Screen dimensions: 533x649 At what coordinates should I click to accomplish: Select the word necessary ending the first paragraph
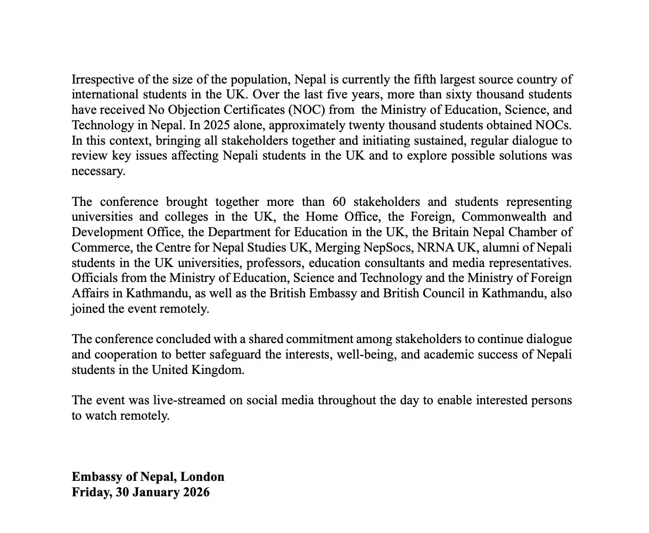tap(98, 171)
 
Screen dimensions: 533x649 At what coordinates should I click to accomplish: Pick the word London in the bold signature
tap(202, 477)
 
